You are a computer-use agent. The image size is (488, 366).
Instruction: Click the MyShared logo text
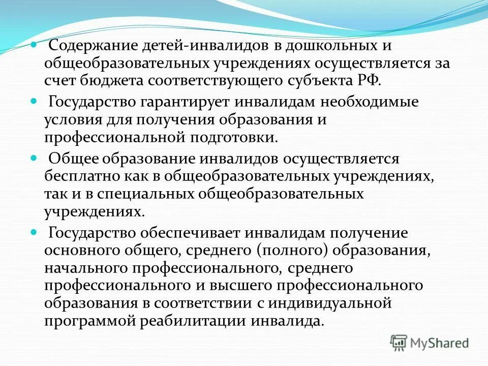pyautogui.click(x=440, y=343)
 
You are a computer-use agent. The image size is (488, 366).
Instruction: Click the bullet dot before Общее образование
pyautogui.click(x=34, y=159)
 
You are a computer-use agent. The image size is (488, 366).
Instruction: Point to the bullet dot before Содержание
pyautogui.click(x=34, y=45)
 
